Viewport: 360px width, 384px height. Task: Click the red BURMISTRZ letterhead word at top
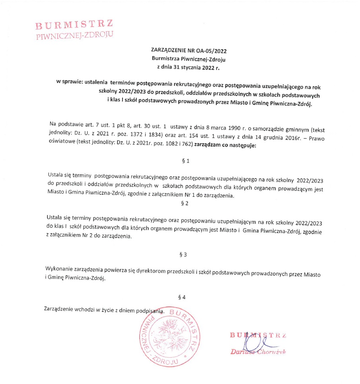tap(74, 25)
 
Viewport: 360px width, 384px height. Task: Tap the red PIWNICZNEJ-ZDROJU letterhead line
tap(74, 35)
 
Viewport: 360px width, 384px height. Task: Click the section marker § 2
tap(184, 204)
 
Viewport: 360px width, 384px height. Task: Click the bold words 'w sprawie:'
tap(70, 82)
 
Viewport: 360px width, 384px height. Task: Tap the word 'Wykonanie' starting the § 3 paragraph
tap(60, 269)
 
